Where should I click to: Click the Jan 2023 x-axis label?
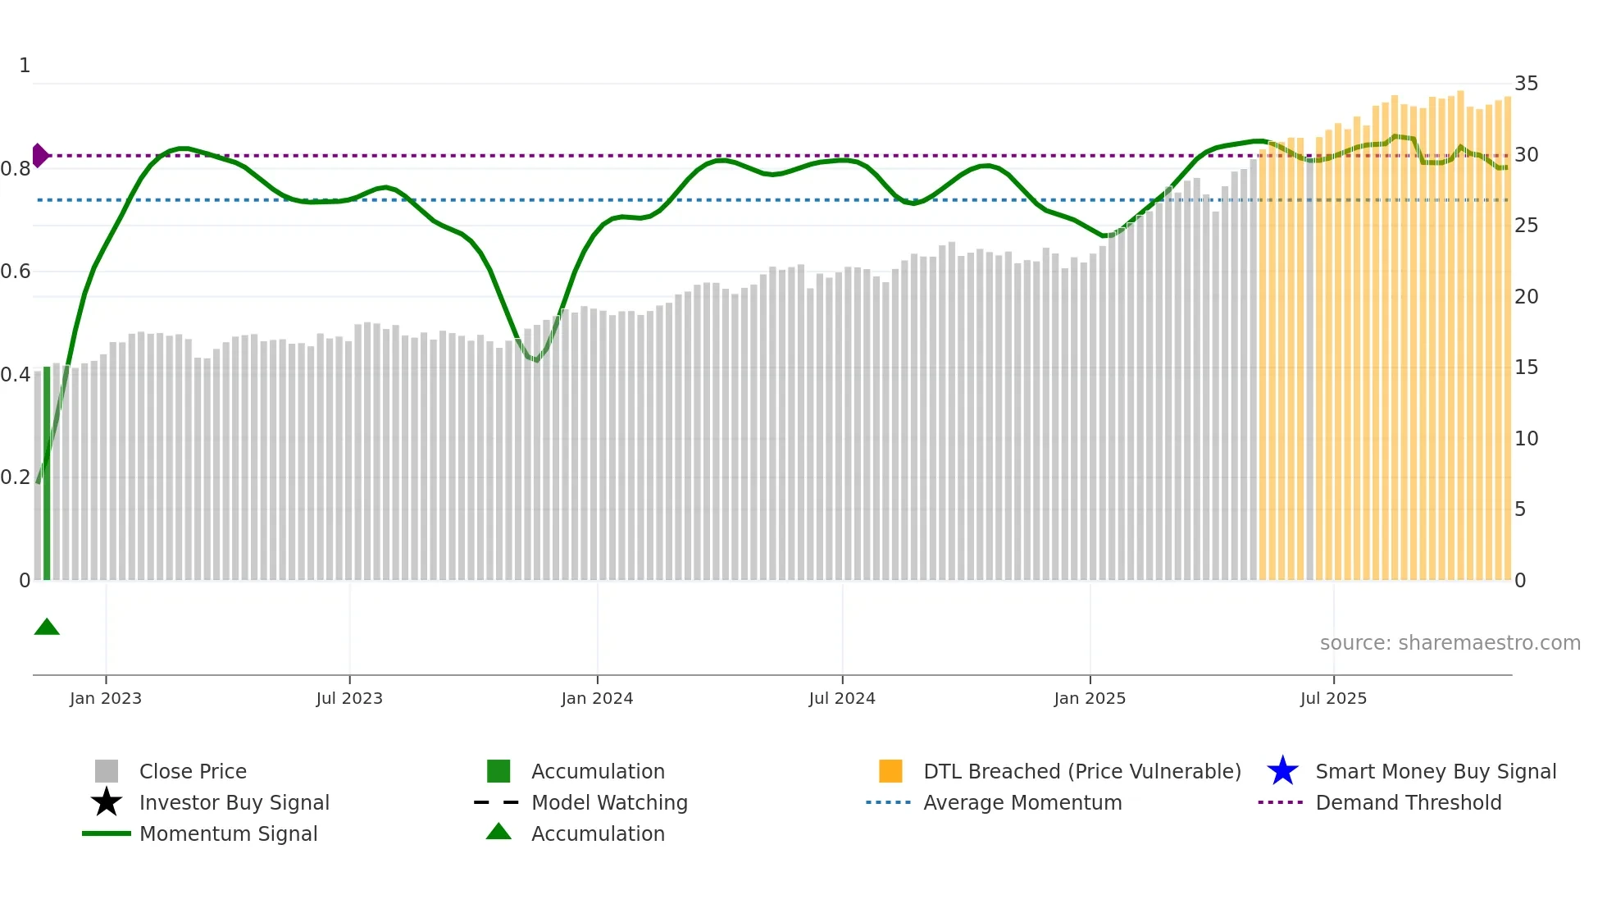[106, 698]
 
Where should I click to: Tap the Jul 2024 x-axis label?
[842, 698]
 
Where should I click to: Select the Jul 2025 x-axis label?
[1333, 698]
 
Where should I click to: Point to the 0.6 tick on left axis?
[16, 272]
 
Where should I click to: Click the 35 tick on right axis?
[1526, 84]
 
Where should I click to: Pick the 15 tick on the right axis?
[1526, 368]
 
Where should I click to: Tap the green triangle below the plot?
[47, 628]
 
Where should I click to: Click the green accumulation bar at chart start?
[47, 473]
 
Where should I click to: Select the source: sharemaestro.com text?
[1450, 643]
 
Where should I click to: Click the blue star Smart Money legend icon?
[1282, 771]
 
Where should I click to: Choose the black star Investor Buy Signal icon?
[107, 802]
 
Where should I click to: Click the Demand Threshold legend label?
[1408, 802]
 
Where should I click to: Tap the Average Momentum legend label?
[1022, 802]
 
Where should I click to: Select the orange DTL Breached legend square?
[890, 771]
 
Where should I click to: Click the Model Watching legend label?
[609, 802]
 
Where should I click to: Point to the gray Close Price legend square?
[107, 771]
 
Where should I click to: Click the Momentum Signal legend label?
[228, 833]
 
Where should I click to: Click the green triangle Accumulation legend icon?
[498, 832]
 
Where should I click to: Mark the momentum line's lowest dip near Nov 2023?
[535, 360]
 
